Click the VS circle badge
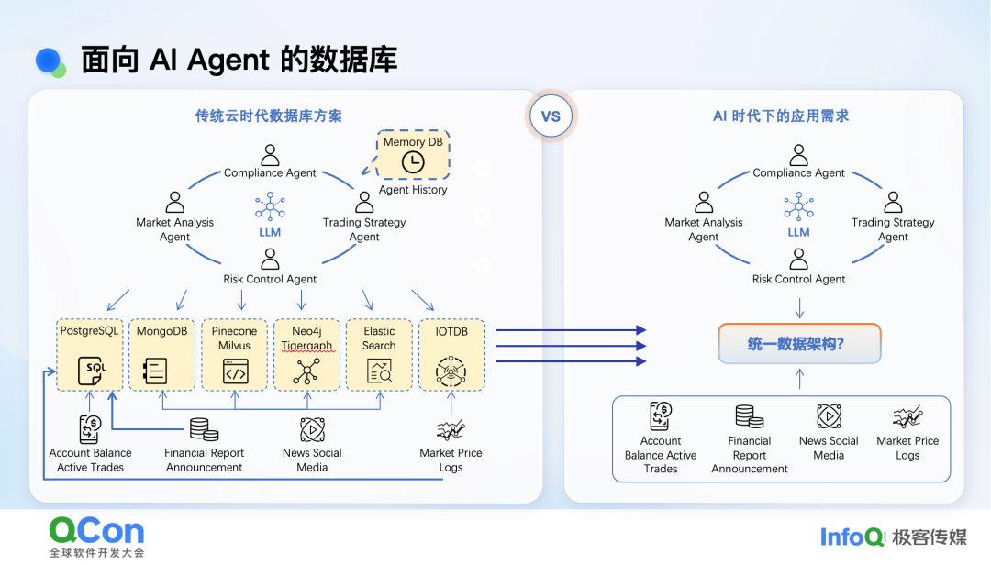[x=551, y=116]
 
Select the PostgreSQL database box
[x=90, y=354]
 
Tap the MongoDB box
[x=162, y=354]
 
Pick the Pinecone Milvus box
[x=235, y=354]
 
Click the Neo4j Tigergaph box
[x=306, y=354]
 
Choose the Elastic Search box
[x=379, y=354]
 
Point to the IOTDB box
[x=451, y=354]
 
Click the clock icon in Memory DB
[x=414, y=163]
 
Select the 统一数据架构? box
[x=799, y=345]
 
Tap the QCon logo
[x=96, y=531]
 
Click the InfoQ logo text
[x=852, y=537]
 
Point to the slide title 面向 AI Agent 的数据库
[x=239, y=61]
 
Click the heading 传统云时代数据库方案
[x=268, y=116]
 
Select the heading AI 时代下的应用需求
[x=781, y=116]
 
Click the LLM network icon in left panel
[x=270, y=206]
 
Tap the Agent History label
[x=413, y=190]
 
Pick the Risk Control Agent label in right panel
[x=798, y=279]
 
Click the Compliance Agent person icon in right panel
[x=799, y=154]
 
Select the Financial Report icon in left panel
[x=204, y=429]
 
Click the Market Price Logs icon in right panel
[x=907, y=418]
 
